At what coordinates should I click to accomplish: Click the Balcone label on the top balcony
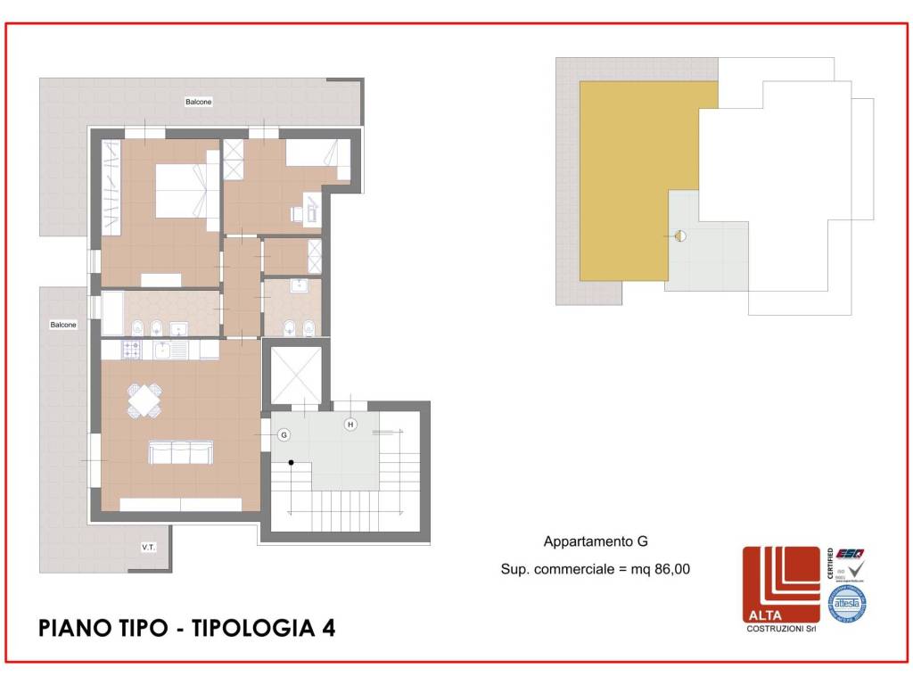pos(199,102)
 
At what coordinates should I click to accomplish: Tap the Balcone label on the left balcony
pos(63,326)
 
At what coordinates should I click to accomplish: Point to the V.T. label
pos(148,547)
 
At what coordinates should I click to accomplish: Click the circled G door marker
pos(284,435)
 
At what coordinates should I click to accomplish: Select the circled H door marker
pos(350,425)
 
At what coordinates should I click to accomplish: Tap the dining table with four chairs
pos(145,400)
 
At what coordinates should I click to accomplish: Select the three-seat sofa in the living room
pos(181,453)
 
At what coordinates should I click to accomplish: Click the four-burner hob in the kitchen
pos(131,350)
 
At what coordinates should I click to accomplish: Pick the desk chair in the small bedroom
pos(296,214)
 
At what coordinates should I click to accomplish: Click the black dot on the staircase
pos(291,463)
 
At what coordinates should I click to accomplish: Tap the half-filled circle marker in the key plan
pos(680,236)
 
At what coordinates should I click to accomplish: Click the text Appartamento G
pos(595,541)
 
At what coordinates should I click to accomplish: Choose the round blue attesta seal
pos(847,604)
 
